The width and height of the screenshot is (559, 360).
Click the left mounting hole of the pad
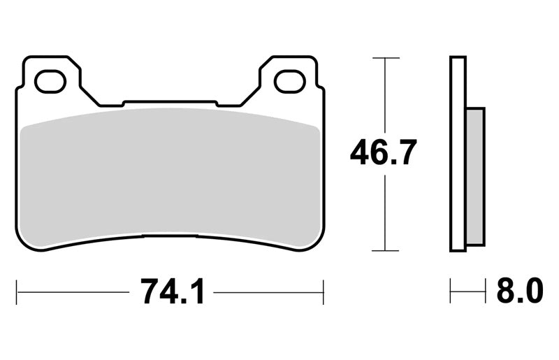coord(50,82)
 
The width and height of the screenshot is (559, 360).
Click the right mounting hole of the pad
coord(290,82)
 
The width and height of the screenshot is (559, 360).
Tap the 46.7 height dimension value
coord(384,152)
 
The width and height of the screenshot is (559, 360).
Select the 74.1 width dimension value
coord(173,292)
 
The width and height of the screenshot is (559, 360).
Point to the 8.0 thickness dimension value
coord(520,291)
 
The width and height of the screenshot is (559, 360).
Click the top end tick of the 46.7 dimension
coord(386,58)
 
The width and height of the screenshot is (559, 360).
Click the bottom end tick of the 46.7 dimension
coord(386,251)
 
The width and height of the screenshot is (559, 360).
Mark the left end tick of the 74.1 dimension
coord(17,292)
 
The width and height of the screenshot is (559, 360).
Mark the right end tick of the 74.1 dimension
coord(324,292)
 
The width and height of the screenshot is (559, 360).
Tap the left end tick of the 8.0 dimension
coord(451,291)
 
